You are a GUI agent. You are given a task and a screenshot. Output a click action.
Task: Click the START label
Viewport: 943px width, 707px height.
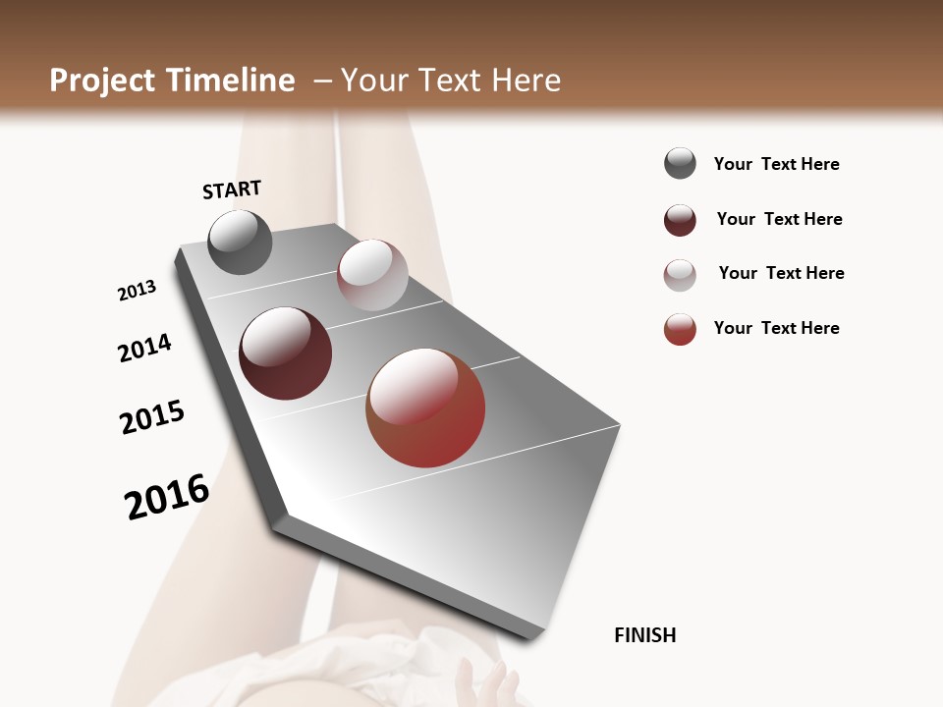pos(232,190)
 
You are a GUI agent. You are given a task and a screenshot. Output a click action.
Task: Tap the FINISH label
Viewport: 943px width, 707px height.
pos(644,635)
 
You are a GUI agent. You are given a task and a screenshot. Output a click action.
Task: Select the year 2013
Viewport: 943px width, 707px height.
pos(137,291)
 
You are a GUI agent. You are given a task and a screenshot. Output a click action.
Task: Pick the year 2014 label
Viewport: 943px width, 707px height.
pos(144,348)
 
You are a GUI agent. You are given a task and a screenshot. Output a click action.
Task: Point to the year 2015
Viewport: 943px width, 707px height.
pos(152,417)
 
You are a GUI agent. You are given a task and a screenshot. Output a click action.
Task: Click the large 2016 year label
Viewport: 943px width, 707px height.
pos(167,496)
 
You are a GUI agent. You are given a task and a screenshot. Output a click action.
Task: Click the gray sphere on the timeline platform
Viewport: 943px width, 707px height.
pos(240,242)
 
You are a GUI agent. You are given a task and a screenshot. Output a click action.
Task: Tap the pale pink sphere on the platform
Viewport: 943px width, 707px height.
pos(372,275)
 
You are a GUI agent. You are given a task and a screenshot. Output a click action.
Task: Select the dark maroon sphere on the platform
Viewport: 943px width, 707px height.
pos(285,353)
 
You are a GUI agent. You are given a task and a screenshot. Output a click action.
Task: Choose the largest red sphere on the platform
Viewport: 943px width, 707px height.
pos(425,408)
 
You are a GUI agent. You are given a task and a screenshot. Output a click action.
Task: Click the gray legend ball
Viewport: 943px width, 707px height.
pos(680,164)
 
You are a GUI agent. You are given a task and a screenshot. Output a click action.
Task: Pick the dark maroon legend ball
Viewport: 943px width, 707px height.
pos(680,220)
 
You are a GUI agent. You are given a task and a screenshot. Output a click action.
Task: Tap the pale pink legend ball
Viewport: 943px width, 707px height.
pos(680,275)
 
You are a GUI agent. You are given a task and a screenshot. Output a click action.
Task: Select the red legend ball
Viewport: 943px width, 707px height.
pos(680,329)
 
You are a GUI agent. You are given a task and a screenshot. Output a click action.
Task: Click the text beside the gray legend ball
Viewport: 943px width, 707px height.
pos(776,164)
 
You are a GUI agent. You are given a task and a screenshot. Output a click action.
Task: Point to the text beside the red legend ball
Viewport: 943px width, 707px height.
pos(776,328)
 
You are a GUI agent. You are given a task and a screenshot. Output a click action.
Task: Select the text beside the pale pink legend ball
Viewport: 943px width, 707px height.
pos(781,273)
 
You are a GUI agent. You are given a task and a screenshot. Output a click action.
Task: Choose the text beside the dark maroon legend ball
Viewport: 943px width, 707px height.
pos(779,219)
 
